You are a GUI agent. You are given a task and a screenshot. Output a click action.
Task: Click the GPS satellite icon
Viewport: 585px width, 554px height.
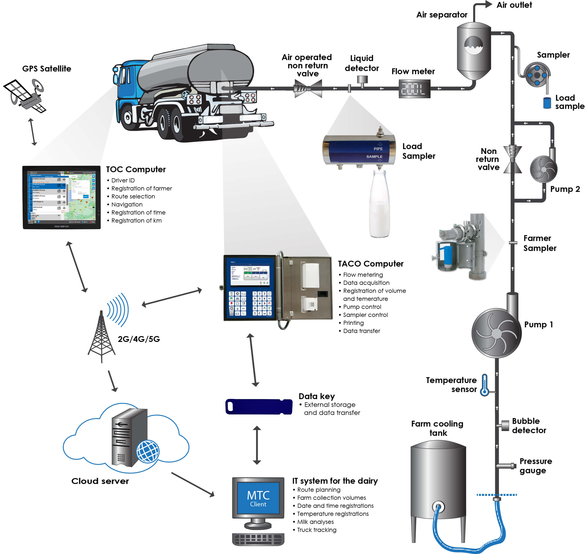25,95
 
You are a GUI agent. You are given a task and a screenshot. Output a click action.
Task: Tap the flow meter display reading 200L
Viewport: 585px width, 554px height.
414,89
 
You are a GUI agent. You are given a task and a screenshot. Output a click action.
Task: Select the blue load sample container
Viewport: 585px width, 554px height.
547,103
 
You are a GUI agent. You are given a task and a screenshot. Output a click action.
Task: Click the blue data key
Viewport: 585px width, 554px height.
258,407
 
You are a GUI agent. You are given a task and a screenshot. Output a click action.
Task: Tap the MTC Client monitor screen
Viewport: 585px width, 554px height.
258,498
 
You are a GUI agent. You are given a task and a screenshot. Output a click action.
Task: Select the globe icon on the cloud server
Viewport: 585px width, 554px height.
148,451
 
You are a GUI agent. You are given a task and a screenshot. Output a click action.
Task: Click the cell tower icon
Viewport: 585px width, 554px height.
101,337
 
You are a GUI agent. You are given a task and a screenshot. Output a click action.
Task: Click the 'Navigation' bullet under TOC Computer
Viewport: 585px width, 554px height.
127,204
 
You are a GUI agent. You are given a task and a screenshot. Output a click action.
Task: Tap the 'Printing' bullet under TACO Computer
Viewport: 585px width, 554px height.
353,323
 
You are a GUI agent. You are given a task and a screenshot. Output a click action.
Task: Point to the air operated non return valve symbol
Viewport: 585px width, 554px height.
308,88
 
